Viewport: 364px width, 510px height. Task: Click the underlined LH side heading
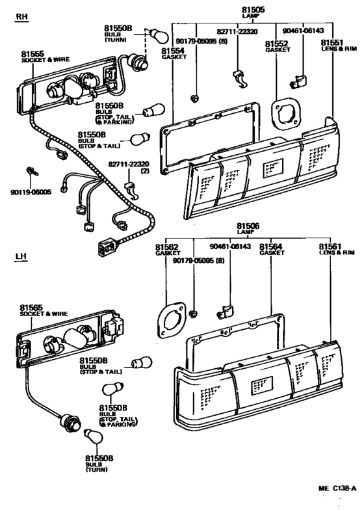pyautogui.click(x=22, y=258)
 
